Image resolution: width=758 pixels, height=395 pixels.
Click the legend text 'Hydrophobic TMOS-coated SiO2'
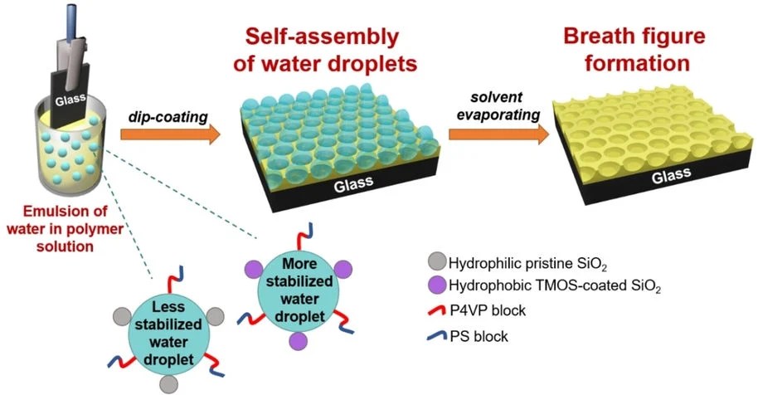pyautogui.click(x=539, y=287)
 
